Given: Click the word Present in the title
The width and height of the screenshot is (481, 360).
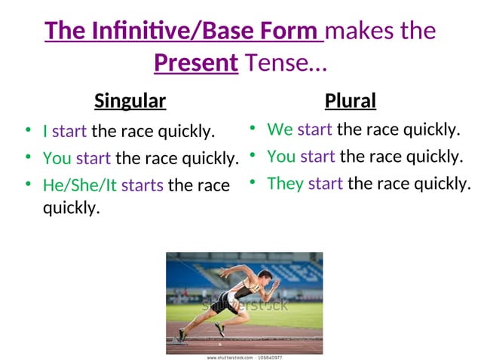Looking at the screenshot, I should pyautogui.click(x=196, y=63).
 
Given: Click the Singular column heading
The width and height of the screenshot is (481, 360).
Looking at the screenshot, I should pyautogui.click(x=130, y=100).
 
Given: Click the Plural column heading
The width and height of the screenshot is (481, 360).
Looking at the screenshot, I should pyautogui.click(x=350, y=100).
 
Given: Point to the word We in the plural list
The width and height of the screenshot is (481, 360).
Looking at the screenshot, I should pyautogui.click(x=280, y=130).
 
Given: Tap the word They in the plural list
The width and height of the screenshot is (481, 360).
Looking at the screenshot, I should pyautogui.click(x=285, y=183).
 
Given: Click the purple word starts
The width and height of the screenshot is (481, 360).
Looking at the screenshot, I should pyautogui.click(x=142, y=185).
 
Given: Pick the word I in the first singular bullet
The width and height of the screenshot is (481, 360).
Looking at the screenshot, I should pyautogui.click(x=45, y=132).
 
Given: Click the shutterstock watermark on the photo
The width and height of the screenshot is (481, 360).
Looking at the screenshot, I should pyautogui.click(x=244, y=306).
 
